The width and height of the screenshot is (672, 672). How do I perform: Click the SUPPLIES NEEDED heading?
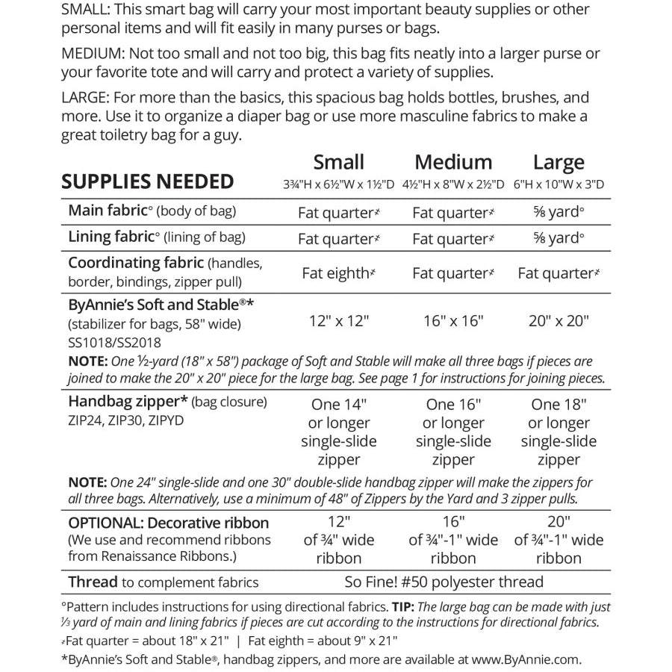click(x=147, y=181)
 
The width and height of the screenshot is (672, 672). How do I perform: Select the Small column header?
click(x=338, y=162)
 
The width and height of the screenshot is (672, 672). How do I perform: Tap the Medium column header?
click(x=453, y=162)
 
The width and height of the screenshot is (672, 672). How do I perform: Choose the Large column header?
click(x=559, y=162)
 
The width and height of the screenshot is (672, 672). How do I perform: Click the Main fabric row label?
click(x=110, y=211)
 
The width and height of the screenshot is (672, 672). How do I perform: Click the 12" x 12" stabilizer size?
click(x=338, y=321)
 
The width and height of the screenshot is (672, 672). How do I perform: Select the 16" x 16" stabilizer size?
click(x=453, y=321)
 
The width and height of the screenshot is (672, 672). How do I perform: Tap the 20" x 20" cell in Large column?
click(x=559, y=321)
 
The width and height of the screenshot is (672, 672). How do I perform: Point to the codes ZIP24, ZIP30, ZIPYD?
click(x=125, y=420)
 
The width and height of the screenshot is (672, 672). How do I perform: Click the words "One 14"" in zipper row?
click(x=338, y=405)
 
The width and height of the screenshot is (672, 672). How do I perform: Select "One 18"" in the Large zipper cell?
click(x=559, y=405)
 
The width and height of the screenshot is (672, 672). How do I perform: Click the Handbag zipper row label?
click(x=128, y=402)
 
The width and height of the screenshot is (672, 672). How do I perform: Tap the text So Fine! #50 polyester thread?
click(x=452, y=582)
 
